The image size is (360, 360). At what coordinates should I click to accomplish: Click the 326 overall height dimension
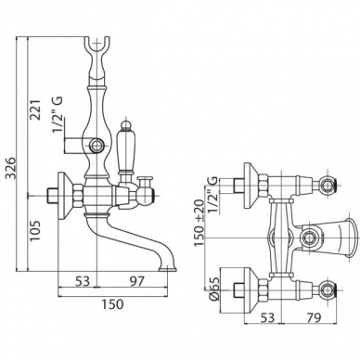coord(11,168)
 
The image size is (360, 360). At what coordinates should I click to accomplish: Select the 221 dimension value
coord(35,109)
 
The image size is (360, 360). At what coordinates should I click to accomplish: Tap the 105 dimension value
coord(35,232)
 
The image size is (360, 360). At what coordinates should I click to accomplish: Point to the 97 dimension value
coord(136,281)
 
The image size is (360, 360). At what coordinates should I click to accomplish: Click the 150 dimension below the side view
coord(111,304)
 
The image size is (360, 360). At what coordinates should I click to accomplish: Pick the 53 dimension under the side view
coord(83,281)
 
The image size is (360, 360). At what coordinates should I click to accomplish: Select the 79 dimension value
coord(314,317)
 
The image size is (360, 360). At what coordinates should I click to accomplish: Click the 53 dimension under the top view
coord(267,317)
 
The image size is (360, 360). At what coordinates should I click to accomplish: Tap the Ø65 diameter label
coord(213,289)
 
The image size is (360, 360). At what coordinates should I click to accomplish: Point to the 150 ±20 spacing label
coord(199,223)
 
